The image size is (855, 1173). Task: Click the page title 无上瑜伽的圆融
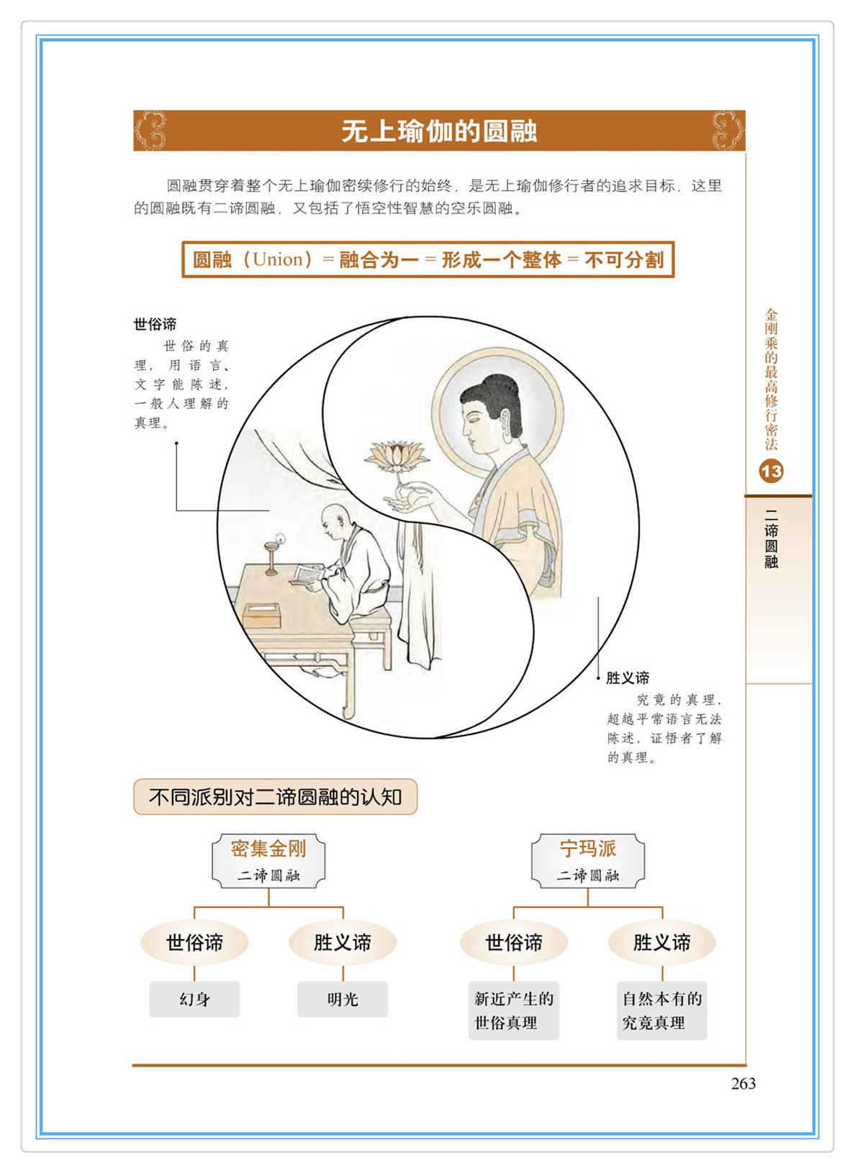439,131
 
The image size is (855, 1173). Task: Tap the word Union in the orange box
278,259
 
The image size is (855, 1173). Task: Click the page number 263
743,1084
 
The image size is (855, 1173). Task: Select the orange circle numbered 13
771,472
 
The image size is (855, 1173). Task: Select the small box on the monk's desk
263,616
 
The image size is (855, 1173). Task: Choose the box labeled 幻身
194,999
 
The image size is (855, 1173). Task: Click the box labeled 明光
343,999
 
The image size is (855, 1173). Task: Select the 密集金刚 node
268,861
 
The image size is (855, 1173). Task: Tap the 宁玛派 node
588,861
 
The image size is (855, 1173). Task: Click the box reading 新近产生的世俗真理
514,1010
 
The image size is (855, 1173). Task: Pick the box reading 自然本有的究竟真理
662,1010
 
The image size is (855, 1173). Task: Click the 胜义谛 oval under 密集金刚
343,943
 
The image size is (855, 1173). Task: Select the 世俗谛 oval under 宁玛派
514,943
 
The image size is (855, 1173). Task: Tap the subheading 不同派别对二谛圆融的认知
275,797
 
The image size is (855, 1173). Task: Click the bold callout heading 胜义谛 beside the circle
628,678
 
